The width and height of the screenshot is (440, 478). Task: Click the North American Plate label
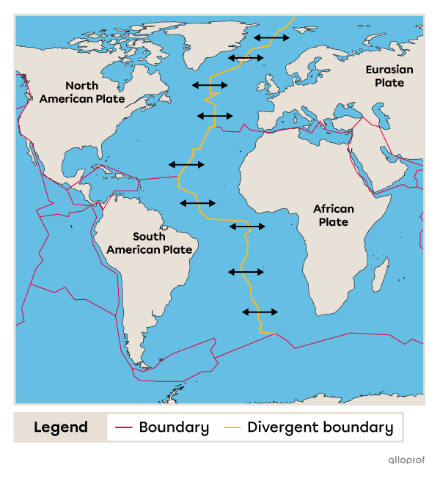click(x=81, y=92)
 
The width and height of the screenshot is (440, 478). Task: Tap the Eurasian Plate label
click(x=389, y=76)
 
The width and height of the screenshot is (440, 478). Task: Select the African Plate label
click(x=334, y=216)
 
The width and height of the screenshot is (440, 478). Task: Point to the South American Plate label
click(x=149, y=243)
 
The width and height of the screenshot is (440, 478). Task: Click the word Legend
click(x=60, y=427)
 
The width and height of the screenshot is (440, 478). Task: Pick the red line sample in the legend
click(x=123, y=427)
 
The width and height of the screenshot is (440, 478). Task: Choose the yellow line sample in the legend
click(x=232, y=427)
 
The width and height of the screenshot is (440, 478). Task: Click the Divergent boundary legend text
click(x=320, y=427)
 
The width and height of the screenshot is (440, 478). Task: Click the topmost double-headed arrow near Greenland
click(x=271, y=37)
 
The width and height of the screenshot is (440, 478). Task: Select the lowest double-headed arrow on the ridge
click(x=260, y=312)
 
